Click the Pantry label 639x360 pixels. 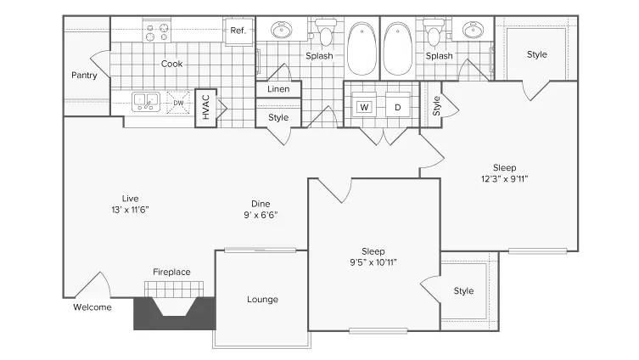coord(84,75)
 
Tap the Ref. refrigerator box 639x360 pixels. coord(238,31)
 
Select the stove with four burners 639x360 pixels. coord(157,32)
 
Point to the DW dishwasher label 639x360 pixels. coord(179,104)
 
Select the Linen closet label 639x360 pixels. coord(278,89)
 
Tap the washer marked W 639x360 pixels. coord(364,107)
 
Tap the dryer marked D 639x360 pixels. coord(397,107)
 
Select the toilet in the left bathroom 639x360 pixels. coord(324,34)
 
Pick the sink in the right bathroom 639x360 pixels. coord(472,31)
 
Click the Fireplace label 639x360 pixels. coord(171,272)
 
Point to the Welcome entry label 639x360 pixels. coord(92,307)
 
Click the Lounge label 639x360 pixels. coord(262,299)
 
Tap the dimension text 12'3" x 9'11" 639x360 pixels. coord(504,178)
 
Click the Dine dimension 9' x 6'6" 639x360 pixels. coord(261,214)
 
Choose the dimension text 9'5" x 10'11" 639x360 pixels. coord(373,262)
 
